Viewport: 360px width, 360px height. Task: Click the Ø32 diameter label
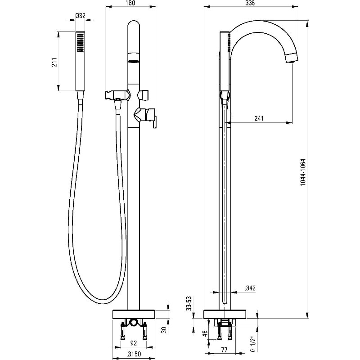80,15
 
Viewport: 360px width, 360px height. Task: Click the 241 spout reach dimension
259,118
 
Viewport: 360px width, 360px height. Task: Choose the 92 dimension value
133,342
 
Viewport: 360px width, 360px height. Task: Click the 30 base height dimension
164,329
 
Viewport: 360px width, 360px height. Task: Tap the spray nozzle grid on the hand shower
80,44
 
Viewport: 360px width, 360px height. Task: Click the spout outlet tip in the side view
292,58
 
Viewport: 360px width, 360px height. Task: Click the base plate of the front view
133,314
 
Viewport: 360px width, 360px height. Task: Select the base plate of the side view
225,314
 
